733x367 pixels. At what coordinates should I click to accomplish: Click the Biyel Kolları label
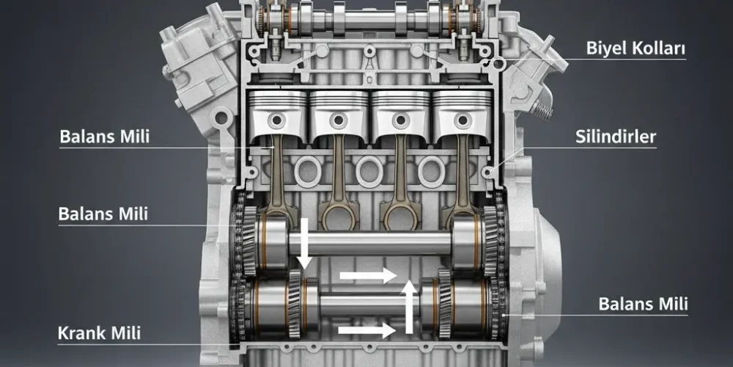(x=636, y=48)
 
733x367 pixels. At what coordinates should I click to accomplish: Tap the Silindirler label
(x=615, y=137)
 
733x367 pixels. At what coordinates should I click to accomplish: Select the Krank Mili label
(x=99, y=333)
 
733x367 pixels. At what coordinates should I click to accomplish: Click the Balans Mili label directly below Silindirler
(x=643, y=304)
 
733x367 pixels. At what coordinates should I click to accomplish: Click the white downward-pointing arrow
(x=304, y=244)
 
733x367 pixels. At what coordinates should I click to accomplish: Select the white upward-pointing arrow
(x=410, y=307)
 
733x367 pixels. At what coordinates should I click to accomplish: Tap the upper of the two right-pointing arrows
(x=368, y=275)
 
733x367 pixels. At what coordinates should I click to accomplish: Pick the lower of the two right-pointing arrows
(x=367, y=330)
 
